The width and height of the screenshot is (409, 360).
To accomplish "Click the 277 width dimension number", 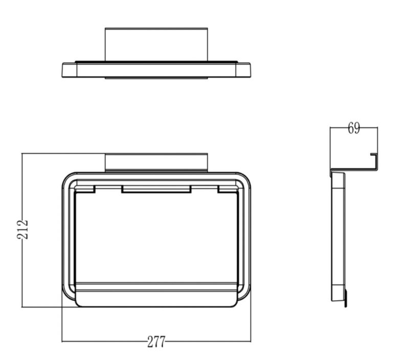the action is click(x=156, y=342).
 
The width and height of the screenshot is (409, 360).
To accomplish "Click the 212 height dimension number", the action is click(x=22, y=229).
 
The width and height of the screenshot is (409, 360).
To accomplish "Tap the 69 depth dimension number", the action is click(x=354, y=128).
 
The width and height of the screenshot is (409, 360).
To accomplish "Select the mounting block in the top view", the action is click(x=156, y=44).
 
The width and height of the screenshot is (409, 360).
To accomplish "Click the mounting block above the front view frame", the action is click(x=156, y=163).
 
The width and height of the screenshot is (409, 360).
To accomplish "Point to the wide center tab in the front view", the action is click(x=156, y=189).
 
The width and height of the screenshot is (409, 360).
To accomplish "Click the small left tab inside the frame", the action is click(x=85, y=189).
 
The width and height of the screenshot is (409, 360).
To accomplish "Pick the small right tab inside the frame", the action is click(x=228, y=189).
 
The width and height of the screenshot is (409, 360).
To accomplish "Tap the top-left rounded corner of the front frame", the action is click(x=67, y=177).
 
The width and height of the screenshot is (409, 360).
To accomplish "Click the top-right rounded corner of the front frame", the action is click(x=246, y=177).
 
